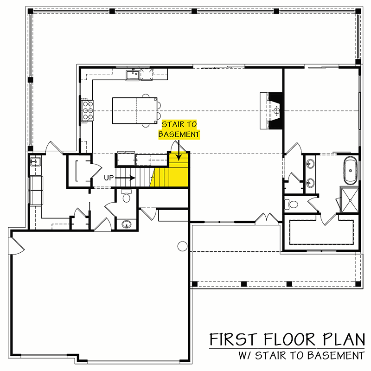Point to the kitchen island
point(134,110)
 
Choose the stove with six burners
point(86,110)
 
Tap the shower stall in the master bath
point(350,198)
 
